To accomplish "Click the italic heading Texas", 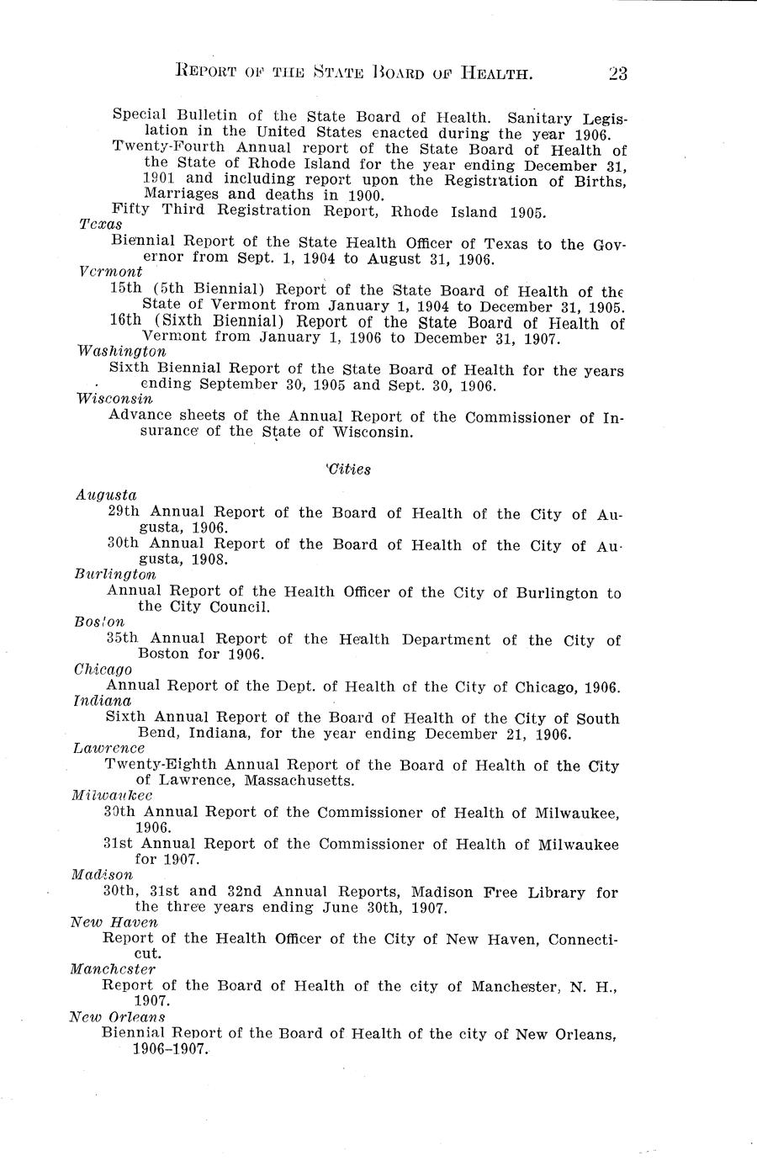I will click(x=100, y=225).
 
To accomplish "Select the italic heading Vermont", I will click(x=109, y=273).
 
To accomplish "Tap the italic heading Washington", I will click(x=121, y=352).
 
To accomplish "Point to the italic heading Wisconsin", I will click(x=114, y=399).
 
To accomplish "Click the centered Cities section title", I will click(x=348, y=469).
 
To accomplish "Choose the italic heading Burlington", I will click(x=115, y=575).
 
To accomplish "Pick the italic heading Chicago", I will click(x=102, y=670).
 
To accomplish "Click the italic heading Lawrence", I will click(x=109, y=748).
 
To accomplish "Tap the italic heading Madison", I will click(x=103, y=875).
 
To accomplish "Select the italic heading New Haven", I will click(x=114, y=922).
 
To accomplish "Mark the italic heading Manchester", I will click(x=113, y=969).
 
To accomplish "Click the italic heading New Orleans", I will click(x=117, y=1017).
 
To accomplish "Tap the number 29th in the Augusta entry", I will click(x=124, y=512).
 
